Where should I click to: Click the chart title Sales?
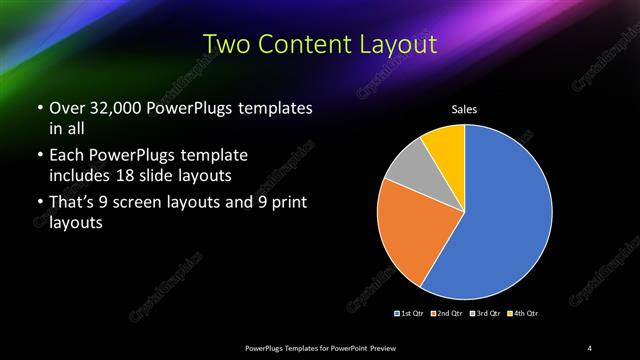click(465, 108)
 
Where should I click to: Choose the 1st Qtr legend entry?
click(410, 314)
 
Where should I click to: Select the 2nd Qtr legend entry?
click(447, 314)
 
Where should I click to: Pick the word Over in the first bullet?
click(65, 107)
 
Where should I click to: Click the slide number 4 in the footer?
click(590, 347)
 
